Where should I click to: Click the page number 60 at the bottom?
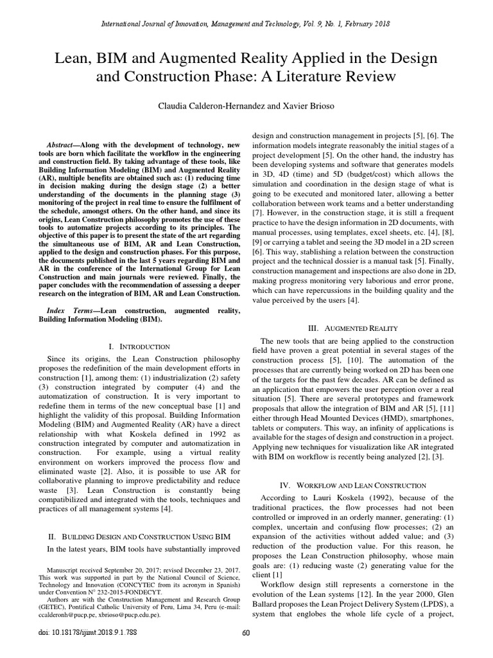[x=246, y=633]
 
